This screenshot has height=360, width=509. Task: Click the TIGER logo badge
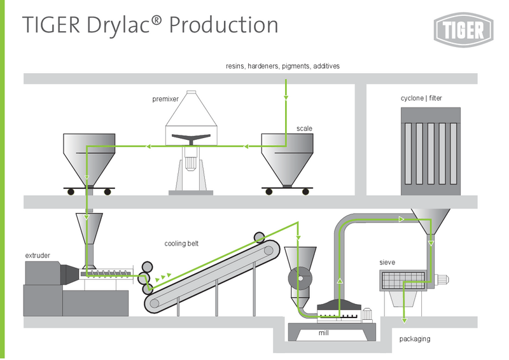coord(463,29)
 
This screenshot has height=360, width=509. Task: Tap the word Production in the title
coord(224,25)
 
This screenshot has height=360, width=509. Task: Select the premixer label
coord(165,99)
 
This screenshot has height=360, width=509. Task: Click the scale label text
coord(304,128)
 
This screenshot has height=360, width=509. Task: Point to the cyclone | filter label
coord(421,98)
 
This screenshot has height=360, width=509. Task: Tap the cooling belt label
coord(181,244)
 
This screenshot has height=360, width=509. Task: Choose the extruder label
coord(38,256)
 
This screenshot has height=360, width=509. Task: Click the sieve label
coord(387,262)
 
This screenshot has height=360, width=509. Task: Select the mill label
coord(324,333)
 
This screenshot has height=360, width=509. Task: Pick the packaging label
coord(415,339)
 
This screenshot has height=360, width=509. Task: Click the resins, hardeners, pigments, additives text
coord(282,66)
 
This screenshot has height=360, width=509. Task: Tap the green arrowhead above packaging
coord(404,321)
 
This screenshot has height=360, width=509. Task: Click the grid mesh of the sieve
coord(403,280)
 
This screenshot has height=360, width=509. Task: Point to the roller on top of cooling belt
coord(259,237)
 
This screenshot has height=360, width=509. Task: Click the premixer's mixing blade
coord(192,138)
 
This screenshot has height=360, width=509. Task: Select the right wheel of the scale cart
coord(305,191)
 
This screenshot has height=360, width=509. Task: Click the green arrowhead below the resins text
coord(286,97)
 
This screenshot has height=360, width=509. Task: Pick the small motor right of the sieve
coord(441,279)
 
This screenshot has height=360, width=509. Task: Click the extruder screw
coord(106,274)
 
